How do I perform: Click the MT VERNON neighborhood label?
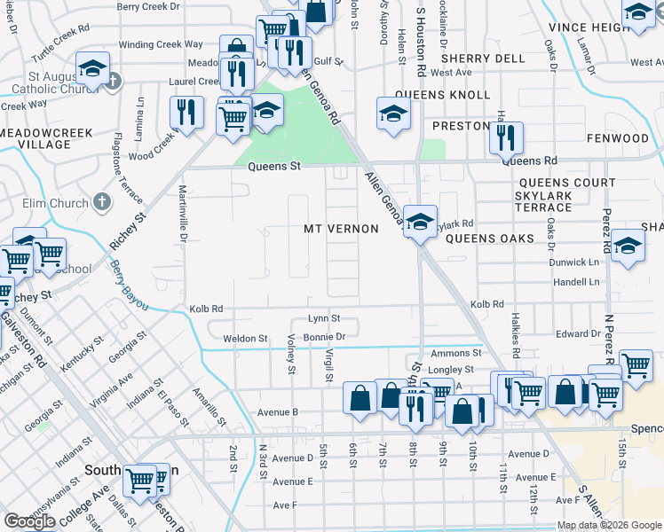341,229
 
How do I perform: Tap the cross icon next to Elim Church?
102,203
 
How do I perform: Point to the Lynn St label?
324,318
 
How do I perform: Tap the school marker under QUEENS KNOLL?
393,113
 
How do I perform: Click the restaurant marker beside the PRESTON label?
506,137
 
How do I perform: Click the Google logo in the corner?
29,521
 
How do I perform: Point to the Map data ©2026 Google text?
609,525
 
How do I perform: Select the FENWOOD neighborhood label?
618,139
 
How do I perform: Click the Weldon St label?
245,339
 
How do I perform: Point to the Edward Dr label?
578,334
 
